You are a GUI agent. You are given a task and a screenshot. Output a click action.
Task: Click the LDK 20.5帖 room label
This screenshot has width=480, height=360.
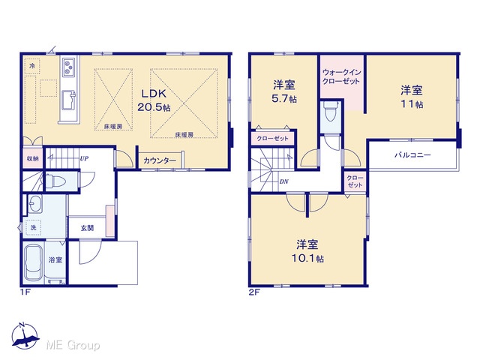(154, 100)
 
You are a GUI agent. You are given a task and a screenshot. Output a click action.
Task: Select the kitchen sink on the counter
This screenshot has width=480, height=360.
(68, 100)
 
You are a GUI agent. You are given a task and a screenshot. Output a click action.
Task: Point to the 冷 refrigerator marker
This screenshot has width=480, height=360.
(32, 66)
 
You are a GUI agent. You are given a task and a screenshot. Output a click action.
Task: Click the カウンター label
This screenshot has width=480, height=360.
(160, 160)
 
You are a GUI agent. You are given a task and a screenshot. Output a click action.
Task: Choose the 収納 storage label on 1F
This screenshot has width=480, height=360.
(33, 158)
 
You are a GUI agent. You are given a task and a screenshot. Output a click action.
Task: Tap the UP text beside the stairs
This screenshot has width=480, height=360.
(84, 158)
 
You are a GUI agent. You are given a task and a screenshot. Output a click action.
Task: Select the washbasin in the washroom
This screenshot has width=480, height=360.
(35, 203)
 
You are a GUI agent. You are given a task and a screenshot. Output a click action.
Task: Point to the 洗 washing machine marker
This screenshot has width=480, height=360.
(33, 227)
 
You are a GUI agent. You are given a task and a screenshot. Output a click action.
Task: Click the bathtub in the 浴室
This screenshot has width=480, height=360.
(33, 262)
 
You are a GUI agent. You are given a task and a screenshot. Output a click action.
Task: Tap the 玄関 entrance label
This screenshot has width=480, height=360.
(87, 228)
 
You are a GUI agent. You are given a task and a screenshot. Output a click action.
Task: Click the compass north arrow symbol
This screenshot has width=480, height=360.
(25, 335)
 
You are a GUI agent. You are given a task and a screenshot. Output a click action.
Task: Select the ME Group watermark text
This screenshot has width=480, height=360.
(73, 346)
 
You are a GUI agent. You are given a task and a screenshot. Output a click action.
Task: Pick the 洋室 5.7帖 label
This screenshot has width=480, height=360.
(284, 91)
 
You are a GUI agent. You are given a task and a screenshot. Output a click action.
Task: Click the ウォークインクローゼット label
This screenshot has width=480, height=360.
(342, 76)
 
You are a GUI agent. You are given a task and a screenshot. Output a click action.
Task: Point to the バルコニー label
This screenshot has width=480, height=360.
(412, 155)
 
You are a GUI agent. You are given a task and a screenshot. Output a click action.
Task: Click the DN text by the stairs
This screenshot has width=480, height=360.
(283, 181)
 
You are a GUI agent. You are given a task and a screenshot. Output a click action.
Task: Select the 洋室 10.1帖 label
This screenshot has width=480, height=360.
(307, 251)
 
